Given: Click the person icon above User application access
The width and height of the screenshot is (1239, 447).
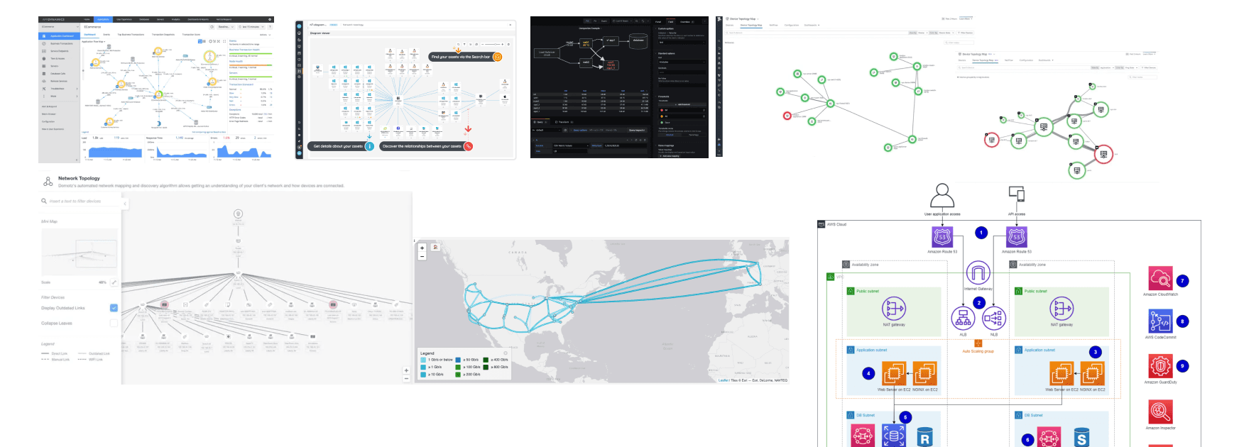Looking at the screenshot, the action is click(x=941, y=195).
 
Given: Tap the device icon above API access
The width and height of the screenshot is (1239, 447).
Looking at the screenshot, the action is click(x=1016, y=194).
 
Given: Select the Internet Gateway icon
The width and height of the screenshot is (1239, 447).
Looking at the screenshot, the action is click(x=978, y=274).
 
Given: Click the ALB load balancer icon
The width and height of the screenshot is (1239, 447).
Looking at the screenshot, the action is click(x=963, y=319).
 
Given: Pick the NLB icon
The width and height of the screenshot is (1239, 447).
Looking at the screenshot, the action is click(x=994, y=319).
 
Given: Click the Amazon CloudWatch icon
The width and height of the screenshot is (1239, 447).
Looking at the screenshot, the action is click(x=1160, y=279).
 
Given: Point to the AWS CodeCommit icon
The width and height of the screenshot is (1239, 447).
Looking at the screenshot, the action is click(x=1160, y=321).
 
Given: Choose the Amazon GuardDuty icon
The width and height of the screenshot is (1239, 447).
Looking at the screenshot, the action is click(x=1160, y=366).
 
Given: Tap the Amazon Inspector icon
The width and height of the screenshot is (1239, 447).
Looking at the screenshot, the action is click(x=1160, y=412).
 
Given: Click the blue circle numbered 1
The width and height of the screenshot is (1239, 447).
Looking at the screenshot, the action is click(x=981, y=233).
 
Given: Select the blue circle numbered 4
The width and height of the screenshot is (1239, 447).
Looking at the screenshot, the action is click(x=868, y=373).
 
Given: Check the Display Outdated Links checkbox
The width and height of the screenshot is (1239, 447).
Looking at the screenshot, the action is click(x=114, y=308).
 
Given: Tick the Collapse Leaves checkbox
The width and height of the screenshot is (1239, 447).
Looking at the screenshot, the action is click(x=114, y=324).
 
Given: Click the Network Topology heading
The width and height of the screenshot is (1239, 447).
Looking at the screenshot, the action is click(x=79, y=179).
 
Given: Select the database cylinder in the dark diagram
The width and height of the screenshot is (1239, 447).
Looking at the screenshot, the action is click(x=638, y=40).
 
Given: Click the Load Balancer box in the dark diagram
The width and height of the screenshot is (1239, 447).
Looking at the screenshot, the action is click(x=547, y=53).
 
